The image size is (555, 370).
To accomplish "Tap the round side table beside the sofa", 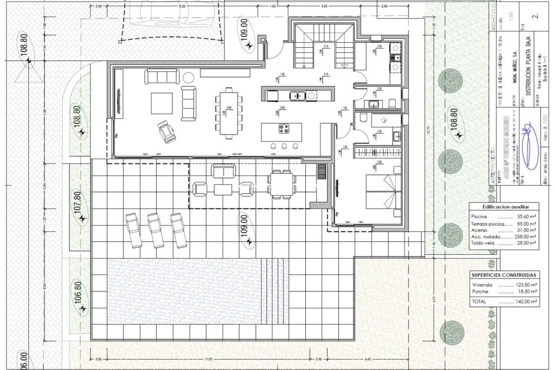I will pyautogui.click(x=188, y=78).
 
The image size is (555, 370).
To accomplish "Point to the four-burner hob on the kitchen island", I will pyautogui.click(x=283, y=129).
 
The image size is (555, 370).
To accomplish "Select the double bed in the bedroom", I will pyautogui.click(x=383, y=191).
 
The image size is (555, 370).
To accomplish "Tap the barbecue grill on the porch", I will pyautogui.click(x=321, y=171).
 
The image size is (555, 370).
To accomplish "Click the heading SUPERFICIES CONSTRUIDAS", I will pyautogui.click(x=504, y=275).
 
